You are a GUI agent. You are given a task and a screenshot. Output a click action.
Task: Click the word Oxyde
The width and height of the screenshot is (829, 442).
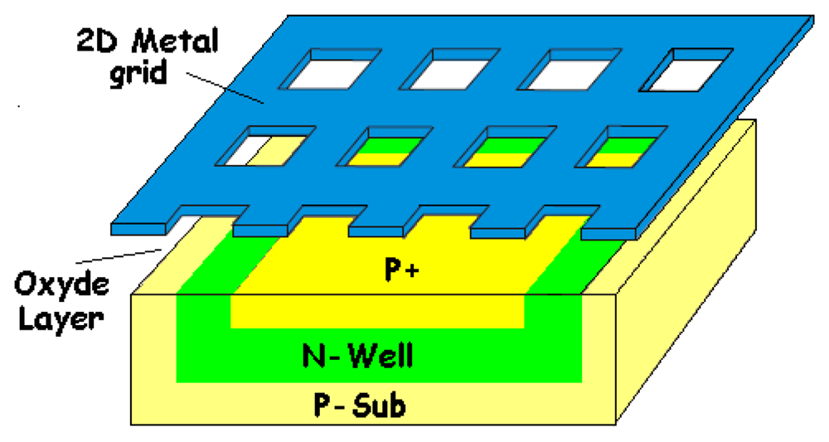click(61, 288)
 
